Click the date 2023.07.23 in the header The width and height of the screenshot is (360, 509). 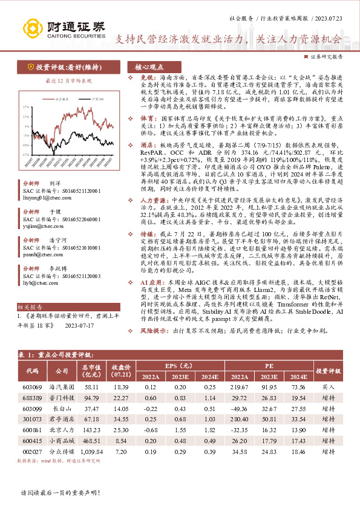coord(329,20)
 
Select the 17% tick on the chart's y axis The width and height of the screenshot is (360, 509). coord(25,106)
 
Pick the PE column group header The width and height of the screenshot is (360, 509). coord(269,366)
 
